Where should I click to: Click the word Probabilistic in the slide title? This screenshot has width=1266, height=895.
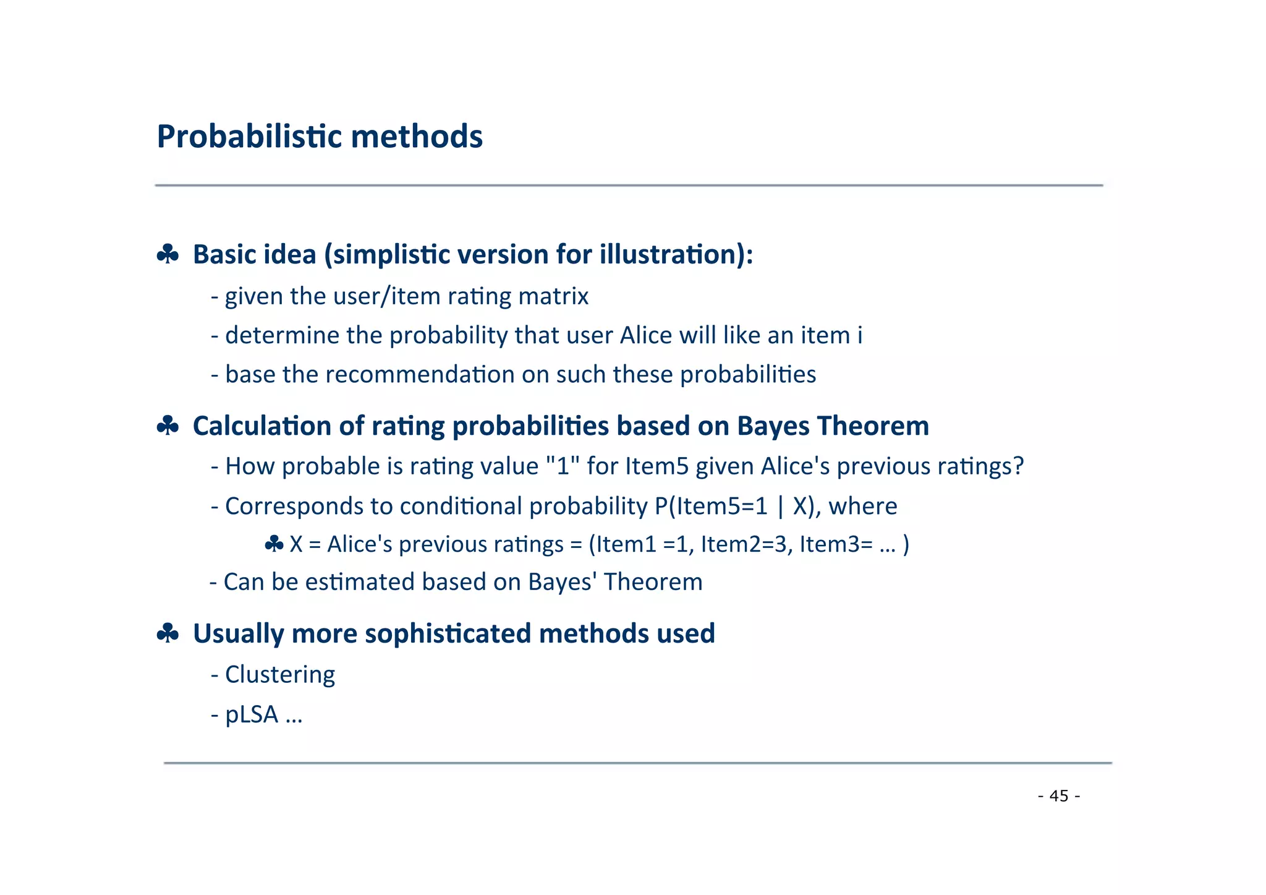click(249, 137)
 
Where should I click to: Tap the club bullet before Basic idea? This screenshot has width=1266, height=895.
click(168, 254)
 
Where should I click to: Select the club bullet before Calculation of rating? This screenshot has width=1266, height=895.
click(168, 426)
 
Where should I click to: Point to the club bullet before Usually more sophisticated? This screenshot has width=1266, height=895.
click(168, 633)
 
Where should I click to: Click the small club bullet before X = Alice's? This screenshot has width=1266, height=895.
click(274, 544)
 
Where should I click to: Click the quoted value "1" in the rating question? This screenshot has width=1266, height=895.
click(563, 466)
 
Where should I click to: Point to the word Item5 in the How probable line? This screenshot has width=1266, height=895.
click(656, 466)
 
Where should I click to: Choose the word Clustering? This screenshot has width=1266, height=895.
click(280, 674)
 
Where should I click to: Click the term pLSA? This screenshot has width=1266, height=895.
click(252, 714)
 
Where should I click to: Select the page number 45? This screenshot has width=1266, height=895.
click(1059, 796)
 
